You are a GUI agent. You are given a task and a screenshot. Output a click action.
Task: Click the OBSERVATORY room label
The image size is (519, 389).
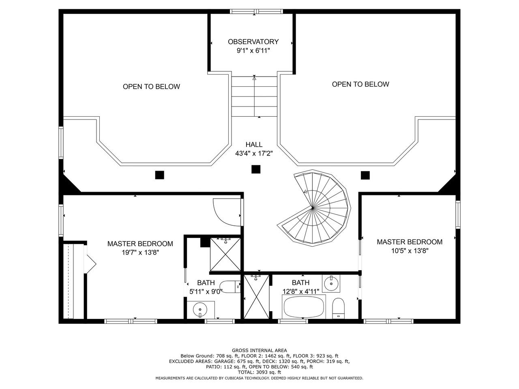[253, 42]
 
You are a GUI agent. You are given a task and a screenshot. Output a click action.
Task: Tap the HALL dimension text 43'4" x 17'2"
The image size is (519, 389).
[254, 154]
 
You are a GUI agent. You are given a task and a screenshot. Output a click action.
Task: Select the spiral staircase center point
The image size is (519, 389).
[313, 208]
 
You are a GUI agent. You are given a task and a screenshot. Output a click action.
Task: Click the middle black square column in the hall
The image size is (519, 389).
[256, 169]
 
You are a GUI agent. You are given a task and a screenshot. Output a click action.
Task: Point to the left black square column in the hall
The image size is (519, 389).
[159, 175]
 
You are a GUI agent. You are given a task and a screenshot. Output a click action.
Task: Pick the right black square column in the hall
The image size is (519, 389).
[365, 175]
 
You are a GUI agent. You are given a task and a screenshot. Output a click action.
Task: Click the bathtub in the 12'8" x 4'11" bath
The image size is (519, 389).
[304, 307]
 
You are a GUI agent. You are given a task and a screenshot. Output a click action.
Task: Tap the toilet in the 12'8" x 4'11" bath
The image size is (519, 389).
[338, 308]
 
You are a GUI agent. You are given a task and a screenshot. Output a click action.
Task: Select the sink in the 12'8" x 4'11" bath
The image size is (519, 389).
[331, 283]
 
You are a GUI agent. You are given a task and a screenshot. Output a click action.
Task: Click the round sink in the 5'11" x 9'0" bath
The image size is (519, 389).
[200, 309]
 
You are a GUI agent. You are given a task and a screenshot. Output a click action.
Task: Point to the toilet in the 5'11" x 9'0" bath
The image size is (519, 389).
[230, 287]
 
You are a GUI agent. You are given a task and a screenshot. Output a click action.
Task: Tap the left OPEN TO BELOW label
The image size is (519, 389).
[151, 86]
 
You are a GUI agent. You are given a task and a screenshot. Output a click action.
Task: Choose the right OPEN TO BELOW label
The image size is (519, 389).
[360, 84]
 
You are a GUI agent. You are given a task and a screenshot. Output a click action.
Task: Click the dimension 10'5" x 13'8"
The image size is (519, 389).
[410, 250]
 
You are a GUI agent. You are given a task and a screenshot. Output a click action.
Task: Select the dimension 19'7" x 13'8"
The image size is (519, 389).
[140, 252]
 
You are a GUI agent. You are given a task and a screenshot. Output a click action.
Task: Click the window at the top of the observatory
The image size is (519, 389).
[256, 11]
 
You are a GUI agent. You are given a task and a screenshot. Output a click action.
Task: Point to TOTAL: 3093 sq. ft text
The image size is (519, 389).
[259, 372]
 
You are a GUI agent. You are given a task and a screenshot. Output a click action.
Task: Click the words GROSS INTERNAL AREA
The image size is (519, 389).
[259, 351]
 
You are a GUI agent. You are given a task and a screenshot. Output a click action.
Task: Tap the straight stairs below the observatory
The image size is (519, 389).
[254, 96]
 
